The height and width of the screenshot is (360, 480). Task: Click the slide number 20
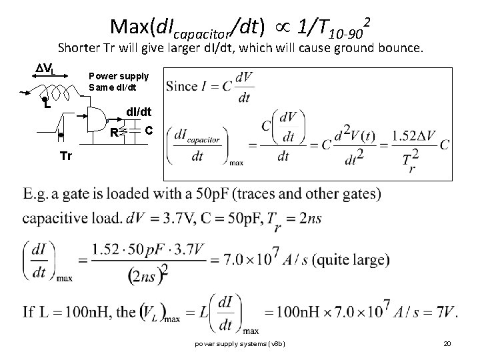[x=447, y=344]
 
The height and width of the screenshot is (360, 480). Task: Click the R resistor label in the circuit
[x=115, y=132]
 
